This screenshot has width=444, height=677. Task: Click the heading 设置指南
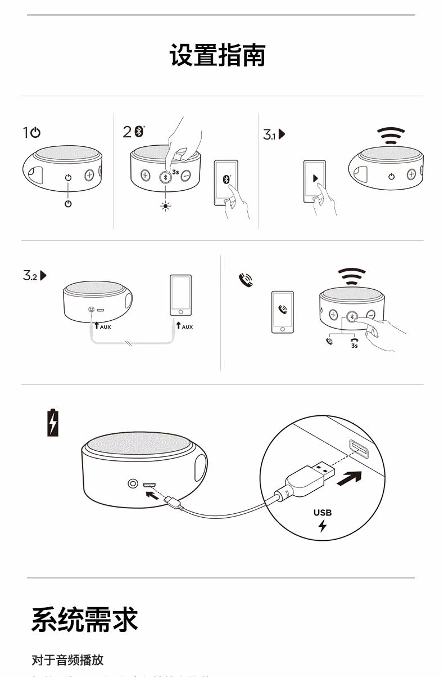click(x=218, y=55)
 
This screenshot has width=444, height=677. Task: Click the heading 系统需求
click(x=84, y=620)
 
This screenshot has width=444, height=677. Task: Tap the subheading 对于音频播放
click(x=67, y=660)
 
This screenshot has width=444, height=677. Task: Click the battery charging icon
click(x=52, y=423)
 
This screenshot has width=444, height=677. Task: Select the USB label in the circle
click(x=323, y=513)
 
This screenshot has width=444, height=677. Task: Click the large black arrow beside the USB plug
click(x=348, y=477)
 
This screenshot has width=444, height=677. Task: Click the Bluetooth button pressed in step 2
click(x=165, y=176)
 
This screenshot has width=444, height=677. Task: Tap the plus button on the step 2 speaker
click(x=145, y=176)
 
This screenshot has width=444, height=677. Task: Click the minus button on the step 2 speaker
click(x=185, y=176)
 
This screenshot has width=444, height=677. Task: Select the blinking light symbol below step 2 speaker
click(x=165, y=206)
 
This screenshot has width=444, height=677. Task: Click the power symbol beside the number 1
click(x=35, y=133)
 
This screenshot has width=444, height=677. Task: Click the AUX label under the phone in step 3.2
click(x=186, y=327)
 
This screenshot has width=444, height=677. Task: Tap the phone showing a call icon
click(x=282, y=312)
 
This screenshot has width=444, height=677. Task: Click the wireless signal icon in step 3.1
click(x=391, y=136)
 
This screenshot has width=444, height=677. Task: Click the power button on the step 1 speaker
click(x=68, y=177)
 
